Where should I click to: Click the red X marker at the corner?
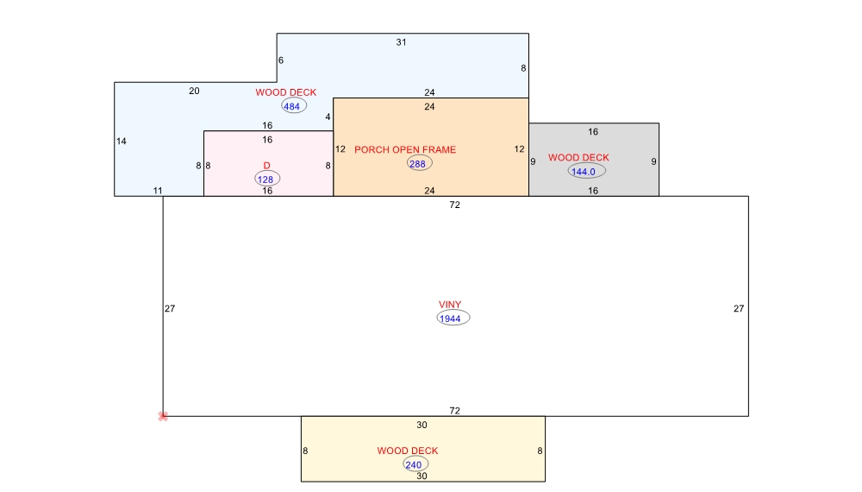point(163,417)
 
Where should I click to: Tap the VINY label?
point(450,305)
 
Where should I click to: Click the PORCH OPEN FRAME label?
point(405,149)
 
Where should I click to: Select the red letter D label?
point(266,166)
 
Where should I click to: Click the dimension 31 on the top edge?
point(402,42)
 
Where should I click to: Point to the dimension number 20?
point(194,91)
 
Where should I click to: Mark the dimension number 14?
point(121,142)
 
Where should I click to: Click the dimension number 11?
point(158,191)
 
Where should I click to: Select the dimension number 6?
point(281,60)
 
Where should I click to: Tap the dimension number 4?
point(328,117)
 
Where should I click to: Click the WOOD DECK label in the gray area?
point(578,157)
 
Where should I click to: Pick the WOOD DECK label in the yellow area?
point(408,451)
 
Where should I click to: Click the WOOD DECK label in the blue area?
point(286,92)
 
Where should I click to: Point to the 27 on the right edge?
point(739,309)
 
